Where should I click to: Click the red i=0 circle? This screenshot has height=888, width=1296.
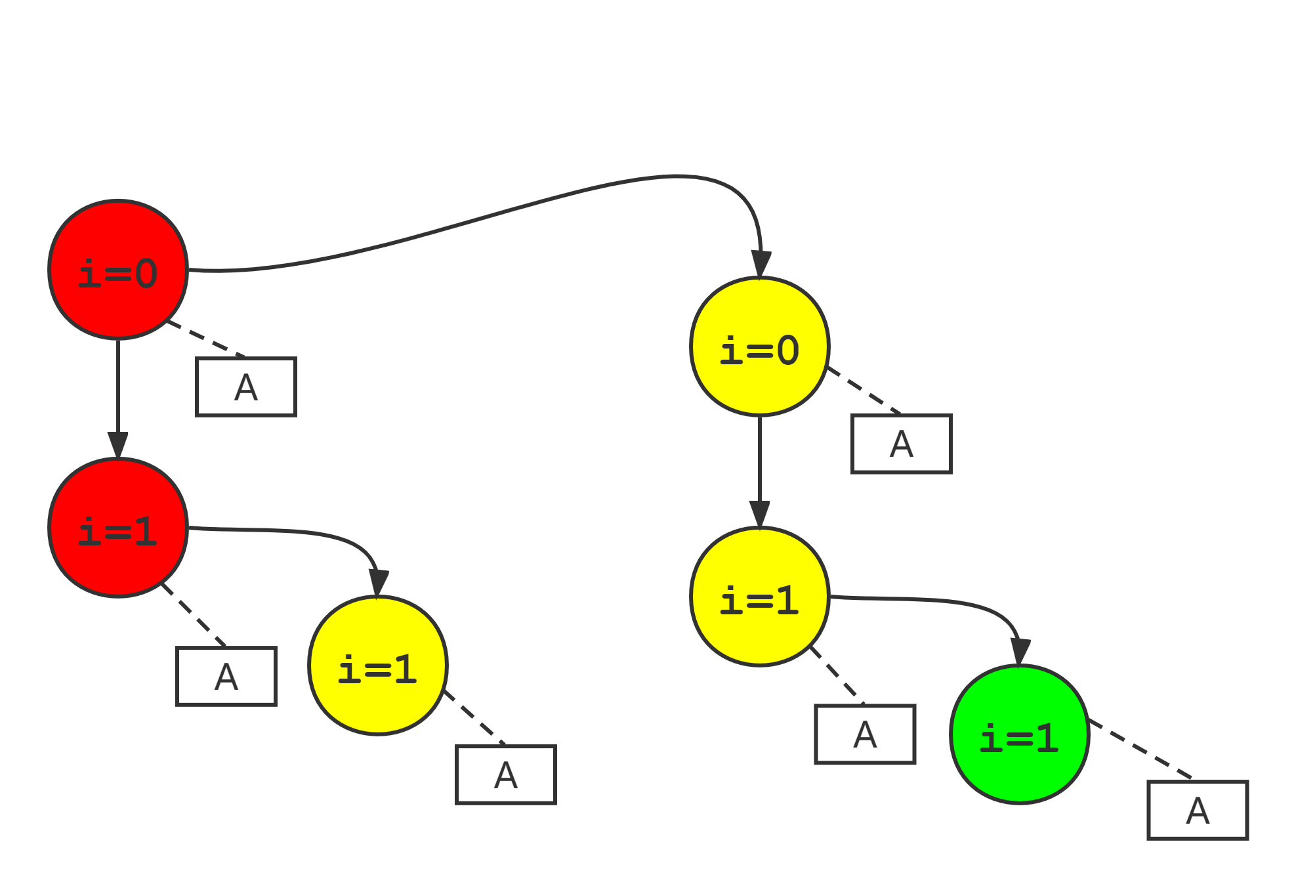pos(118,270)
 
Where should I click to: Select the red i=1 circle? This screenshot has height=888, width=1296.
pos(118,528)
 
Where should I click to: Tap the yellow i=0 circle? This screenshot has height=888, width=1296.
pos(760,347)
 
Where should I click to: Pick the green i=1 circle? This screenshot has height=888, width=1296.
pos(1020,734)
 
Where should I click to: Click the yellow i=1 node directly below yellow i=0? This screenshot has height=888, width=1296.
pos(760,597)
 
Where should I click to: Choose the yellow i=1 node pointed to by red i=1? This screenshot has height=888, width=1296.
pos(378,666)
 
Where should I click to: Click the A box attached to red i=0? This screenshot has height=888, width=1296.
pos(246,387)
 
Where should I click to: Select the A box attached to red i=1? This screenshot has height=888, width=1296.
pos(226,676)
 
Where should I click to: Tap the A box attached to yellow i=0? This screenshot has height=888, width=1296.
pos(902,444)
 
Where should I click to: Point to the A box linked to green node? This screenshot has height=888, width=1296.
pos(1198,810)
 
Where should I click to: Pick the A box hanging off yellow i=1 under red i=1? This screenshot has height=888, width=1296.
pos(506,774)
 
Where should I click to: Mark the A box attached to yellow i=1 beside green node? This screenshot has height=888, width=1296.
pos(865,734)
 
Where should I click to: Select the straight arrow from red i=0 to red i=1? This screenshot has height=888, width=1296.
pos(118,394)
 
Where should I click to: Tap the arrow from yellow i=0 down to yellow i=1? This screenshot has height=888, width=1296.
pos(760,466)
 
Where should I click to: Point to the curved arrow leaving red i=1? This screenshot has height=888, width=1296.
pos(295,532)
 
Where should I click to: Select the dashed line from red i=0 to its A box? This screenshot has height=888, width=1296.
pos(205,339)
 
